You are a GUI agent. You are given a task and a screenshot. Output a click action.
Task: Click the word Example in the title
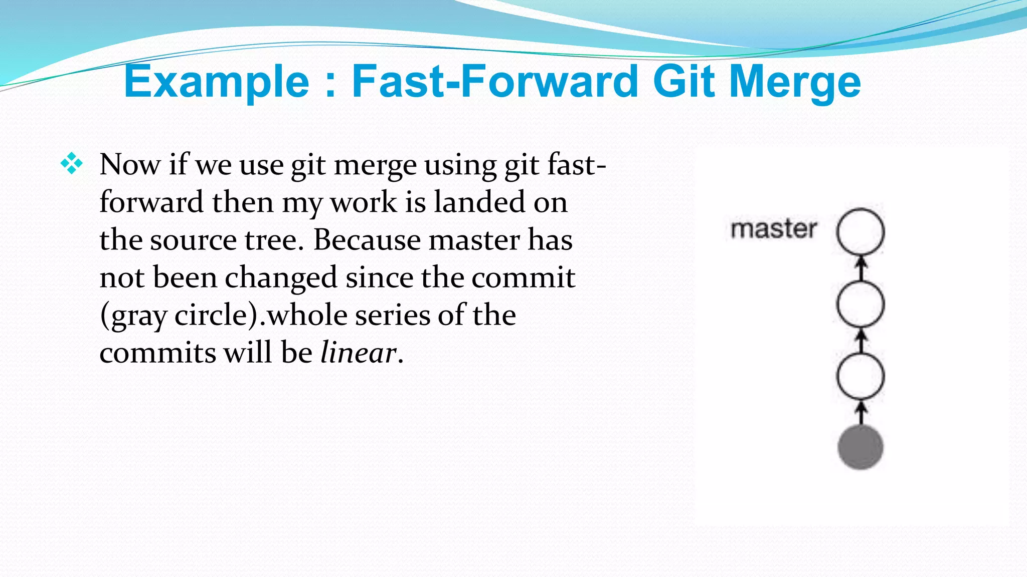pos(216,82)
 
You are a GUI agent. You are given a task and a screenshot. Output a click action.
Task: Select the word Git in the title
pos(684,82)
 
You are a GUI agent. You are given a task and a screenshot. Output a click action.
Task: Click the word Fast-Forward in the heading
pos(494,82)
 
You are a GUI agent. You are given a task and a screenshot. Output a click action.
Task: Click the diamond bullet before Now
pos(71,163)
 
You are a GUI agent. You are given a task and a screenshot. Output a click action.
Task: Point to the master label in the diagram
pos(774,229)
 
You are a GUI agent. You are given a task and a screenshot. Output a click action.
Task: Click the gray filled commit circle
pos(861,447)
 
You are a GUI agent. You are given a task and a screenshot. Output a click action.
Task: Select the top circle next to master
pos(861,232)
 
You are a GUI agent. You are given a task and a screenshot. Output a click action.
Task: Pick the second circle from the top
pos(861,304)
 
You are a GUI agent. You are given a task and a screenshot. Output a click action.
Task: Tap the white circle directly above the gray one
pos(861,376)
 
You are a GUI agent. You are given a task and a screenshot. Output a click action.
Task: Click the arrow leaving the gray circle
pos(861,413)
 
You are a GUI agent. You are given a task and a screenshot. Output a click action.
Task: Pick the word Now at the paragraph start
pos(130,164)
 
